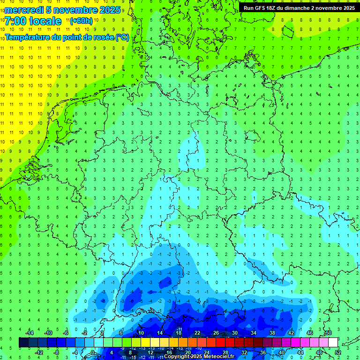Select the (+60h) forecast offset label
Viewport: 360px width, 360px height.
tap(81, 21)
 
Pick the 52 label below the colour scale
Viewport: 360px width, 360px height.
tap(337, 352)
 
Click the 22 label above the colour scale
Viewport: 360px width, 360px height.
tap(197, 333)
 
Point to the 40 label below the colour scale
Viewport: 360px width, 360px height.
tap(281, 352)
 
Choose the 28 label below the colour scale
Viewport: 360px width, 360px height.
tap(225, 352)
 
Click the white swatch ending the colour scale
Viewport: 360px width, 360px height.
tap(333, 342)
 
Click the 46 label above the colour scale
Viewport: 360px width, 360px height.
tap(309, 333)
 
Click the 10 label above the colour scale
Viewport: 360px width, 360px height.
tap(141, 333)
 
